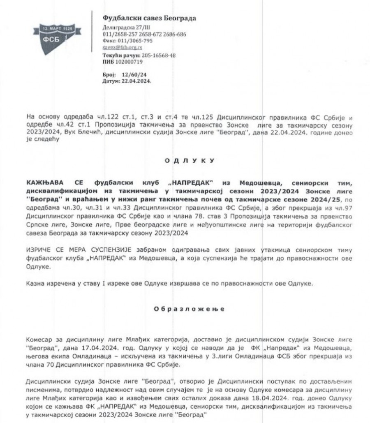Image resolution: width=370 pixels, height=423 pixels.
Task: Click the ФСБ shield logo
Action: click(57, 36)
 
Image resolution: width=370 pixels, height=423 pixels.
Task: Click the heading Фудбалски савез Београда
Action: click(149, 18)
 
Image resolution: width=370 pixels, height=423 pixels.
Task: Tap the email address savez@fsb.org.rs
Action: click(122, 48)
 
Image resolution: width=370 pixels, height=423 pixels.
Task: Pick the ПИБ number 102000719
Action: click(129, 62)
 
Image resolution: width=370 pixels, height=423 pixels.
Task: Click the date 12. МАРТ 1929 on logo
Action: click(57, 29)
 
